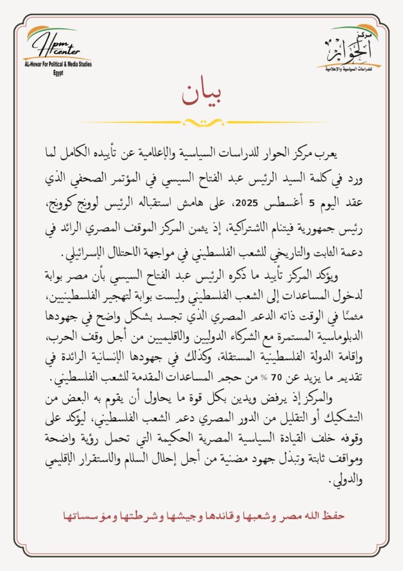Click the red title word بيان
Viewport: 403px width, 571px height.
(x=202, y=95)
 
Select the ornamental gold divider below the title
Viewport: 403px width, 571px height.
(x=202, y=122)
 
